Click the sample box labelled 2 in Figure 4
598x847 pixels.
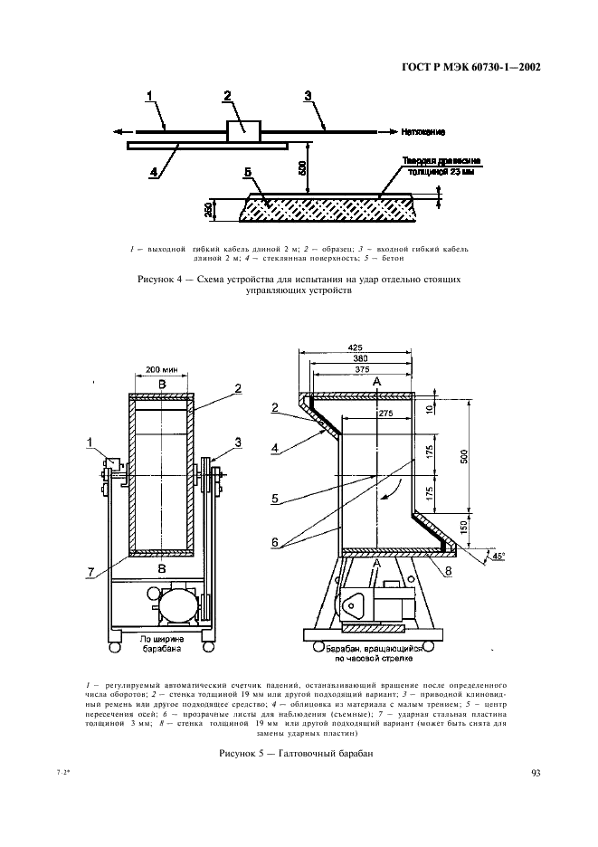click(x=242, y=130)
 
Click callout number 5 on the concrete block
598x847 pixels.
click(x=247, y=172)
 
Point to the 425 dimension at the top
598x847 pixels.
click(x=355, y=347)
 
